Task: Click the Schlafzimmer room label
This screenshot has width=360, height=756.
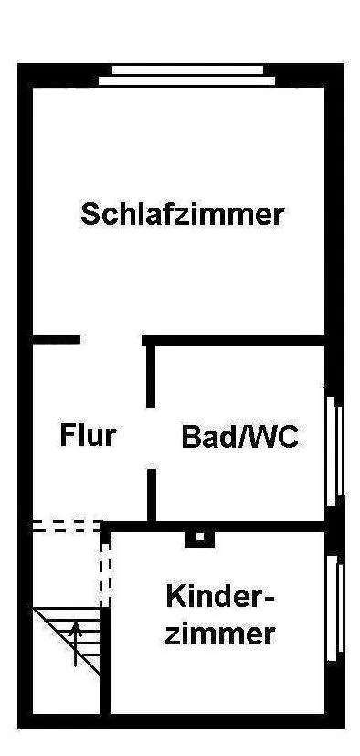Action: tap(182, 215)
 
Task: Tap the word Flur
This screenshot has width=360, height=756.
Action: tap(88, 435)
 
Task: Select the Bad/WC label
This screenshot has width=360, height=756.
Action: tap(240, 437)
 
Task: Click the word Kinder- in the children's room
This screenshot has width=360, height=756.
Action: tap(219, 596)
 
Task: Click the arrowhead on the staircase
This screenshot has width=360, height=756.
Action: tap(75, 627)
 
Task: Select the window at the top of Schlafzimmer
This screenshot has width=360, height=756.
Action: tap(187, 76)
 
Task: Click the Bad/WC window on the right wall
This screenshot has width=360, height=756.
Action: tap(335, 451)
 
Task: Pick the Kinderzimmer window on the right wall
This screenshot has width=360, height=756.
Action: tap(335, 609)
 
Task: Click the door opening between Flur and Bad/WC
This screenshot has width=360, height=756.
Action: tap(151, 438)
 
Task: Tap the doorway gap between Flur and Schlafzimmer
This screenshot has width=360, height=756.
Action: tap(111, 340)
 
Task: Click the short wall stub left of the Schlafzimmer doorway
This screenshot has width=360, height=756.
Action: tap(56, 340)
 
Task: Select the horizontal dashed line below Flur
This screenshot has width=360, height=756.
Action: tap(68, 526)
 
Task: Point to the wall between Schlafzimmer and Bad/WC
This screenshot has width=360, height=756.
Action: tap(234, 340)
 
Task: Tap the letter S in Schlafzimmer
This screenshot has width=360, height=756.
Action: tap(90, 215)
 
